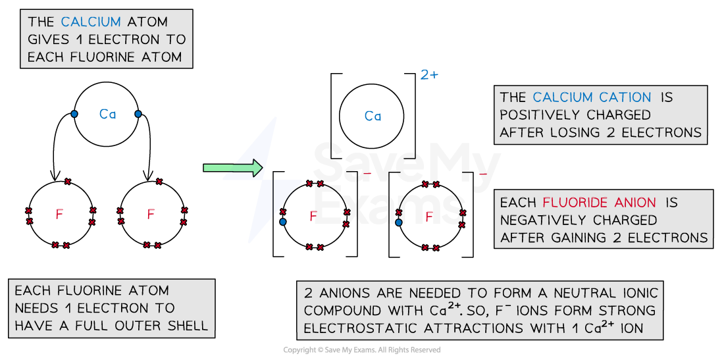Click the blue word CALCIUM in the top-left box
pyautogui.click(x=88, y=22)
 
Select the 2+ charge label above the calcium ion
pyautogui.click(x=429, y=75)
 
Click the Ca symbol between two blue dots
pyautogui.click(x=107, y=115)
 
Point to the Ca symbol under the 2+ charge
pyautogui.click(x=373, y=116)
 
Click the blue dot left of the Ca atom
pyautogui.click(x=74, y=114)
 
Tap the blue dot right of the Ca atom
pyautogui.click(x=138, y=114)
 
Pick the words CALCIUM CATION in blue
pyautogui.click(x=592, y=97)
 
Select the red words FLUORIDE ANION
pyautogui.click(x=600, y=203)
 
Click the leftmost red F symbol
pyautogui.click(x=60, y=215)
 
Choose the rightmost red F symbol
pyautogui.click(x=430, y=217)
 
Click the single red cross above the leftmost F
pyautogui.click(x=67, y=181)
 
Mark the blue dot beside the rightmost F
pyautogui.click(x=398, y=222)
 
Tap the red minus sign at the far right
pyautogui.click(x=482, y=174)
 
